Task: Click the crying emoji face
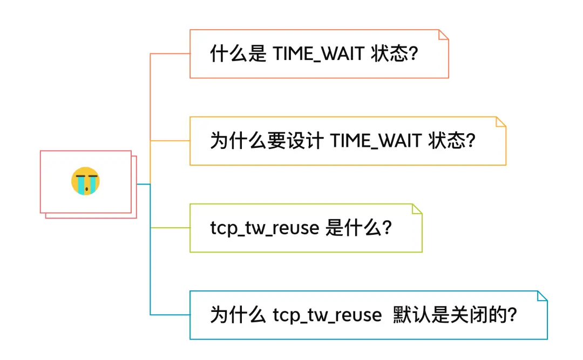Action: (85, 181)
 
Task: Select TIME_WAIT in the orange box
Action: (318, 54)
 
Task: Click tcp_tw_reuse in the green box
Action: (265, 228)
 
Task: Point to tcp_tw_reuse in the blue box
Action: (327, 315)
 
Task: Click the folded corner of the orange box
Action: (444, 35)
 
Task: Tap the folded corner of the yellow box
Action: (501, 121)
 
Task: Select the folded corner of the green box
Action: (417, 208)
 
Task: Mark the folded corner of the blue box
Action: (542, 295)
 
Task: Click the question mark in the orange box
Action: (414, 54)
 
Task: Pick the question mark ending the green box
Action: (387, 228)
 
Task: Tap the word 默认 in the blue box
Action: (411, 315)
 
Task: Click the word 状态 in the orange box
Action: (389, 54)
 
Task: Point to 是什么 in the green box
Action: (353, 228)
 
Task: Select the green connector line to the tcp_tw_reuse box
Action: (170, 228)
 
